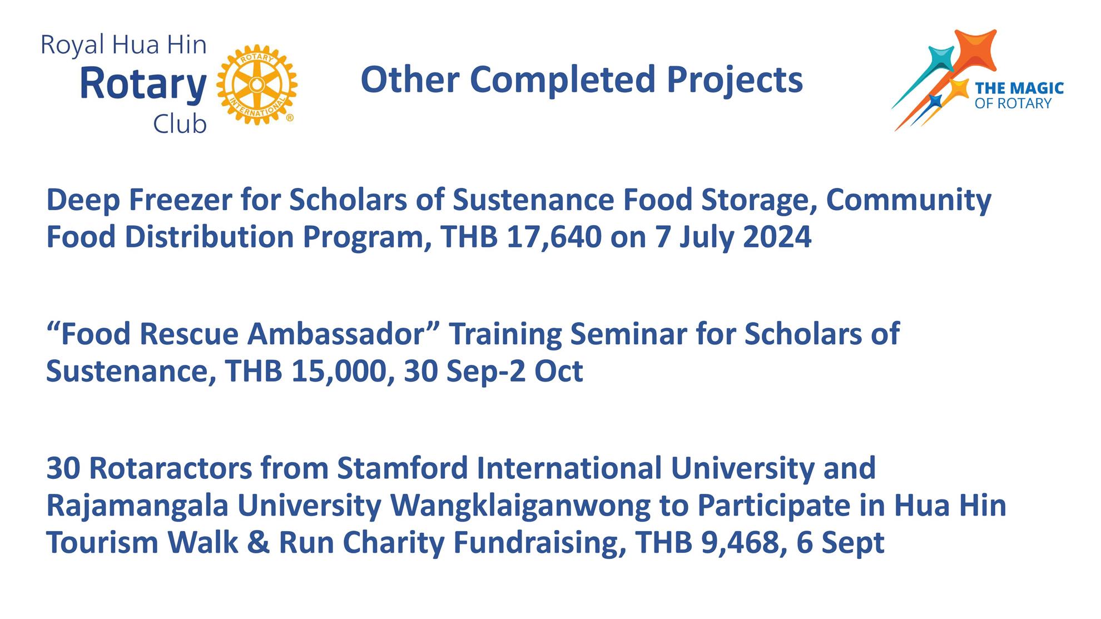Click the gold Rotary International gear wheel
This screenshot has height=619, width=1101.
256,85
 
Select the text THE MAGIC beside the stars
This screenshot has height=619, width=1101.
1019,88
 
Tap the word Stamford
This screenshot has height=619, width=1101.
403,468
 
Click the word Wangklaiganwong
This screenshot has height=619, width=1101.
520,506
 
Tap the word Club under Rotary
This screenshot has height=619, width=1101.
180,125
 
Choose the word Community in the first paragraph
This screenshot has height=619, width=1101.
908,200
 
